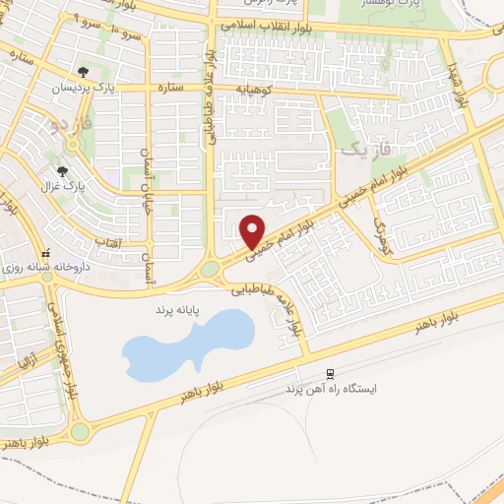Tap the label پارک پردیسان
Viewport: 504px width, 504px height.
click(86, 88)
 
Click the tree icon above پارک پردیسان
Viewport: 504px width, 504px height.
click(85, 71)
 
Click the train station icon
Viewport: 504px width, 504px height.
click(331, 374)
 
